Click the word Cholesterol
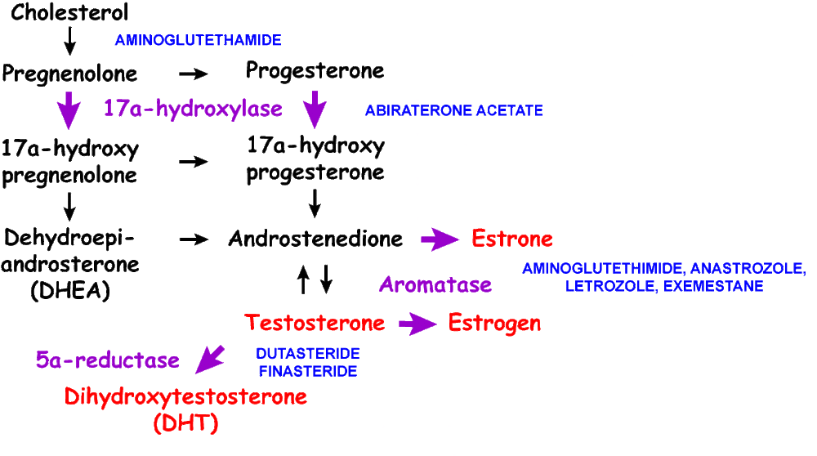[x=69, y=14]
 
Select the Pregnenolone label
[x=69, y=74]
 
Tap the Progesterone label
[x=315, y=71]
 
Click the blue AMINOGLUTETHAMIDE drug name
[x=199, y=40]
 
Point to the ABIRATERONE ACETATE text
[x=453, y=110]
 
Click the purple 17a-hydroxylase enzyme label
[x=193, y=109]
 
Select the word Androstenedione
[x=315, y=239]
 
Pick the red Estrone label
[x=512, y=239]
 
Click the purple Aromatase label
[x=435, y=284]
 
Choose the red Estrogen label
[x=494, y=324]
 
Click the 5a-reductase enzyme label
[x=107, y=360]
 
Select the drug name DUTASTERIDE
[x=307, y=355]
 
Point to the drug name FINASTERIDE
[x=307, y=372]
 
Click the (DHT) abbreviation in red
[x=185, y=424]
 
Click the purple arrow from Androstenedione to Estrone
[x=440, y=239]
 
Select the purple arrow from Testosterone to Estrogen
[x=417, y=324]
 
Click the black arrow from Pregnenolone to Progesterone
[x=194, y=74]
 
